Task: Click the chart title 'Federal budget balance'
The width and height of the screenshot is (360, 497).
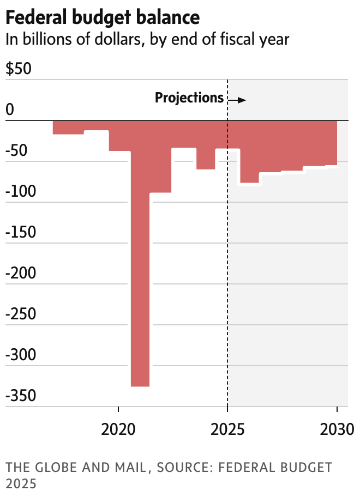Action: (x=103, y=17)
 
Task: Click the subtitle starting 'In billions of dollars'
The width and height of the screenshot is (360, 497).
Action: (x=147, y=39)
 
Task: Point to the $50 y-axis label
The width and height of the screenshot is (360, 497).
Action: (x=19, y=70)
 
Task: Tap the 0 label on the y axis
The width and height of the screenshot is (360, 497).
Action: (x=10, y=110)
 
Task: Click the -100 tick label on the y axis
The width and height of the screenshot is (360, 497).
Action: (x=21, y=192)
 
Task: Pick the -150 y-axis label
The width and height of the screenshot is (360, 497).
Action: (x=21, y=233)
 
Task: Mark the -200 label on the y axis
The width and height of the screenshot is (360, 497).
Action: (x=21, y=274)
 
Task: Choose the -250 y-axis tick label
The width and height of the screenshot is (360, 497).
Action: (x=21, y=314)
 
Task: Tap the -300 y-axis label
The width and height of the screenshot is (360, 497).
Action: (x=21, y=355)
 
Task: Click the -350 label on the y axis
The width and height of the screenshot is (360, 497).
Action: (x=21, y=396)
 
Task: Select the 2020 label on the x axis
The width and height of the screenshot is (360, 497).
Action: (x=118, y=430)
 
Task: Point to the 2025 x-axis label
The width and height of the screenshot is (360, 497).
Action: (x=227, y=430)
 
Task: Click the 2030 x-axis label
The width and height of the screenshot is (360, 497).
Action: (x=337, y=430)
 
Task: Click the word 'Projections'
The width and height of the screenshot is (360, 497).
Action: (x=189, y=98)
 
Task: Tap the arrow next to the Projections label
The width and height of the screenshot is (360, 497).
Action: (x=237, y=100)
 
